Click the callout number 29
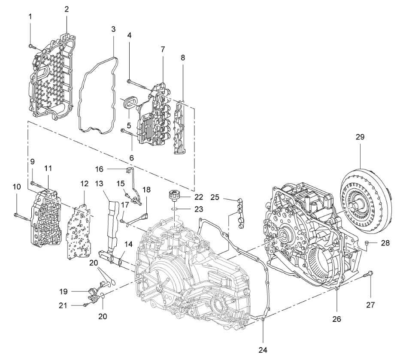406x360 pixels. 360,136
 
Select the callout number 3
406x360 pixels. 113,29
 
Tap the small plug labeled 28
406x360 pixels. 367,242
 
